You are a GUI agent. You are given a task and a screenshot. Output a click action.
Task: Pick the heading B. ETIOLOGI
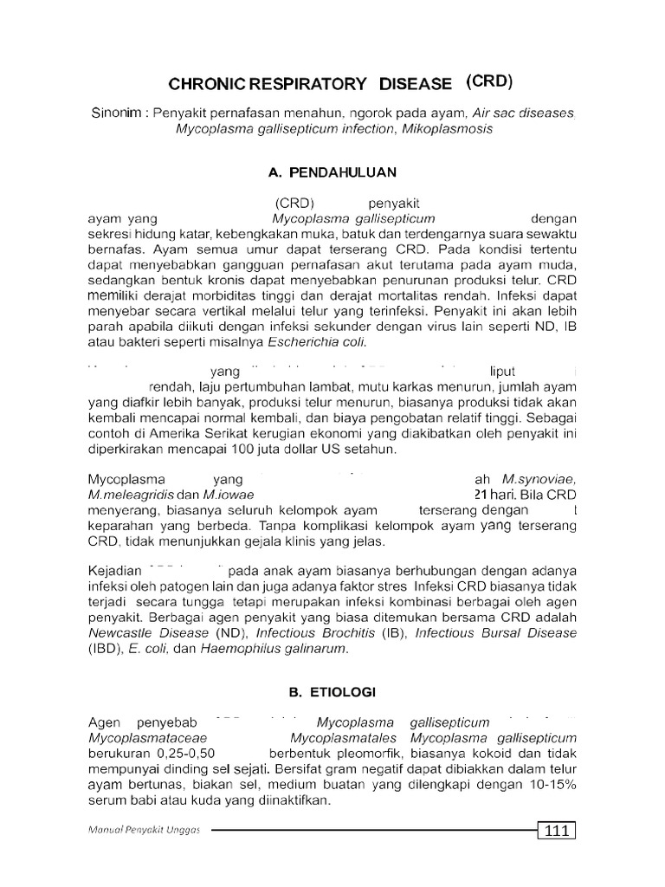pyautogui.click(x=332, y=692)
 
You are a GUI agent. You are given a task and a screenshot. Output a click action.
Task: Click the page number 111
pyautogui.click(x=557, y=831)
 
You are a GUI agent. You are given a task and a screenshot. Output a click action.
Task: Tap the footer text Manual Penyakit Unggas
pyautogui.click(x=145, y=831)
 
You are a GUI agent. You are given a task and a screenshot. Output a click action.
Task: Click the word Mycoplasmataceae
pyautogui.click(x=141, y=738)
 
